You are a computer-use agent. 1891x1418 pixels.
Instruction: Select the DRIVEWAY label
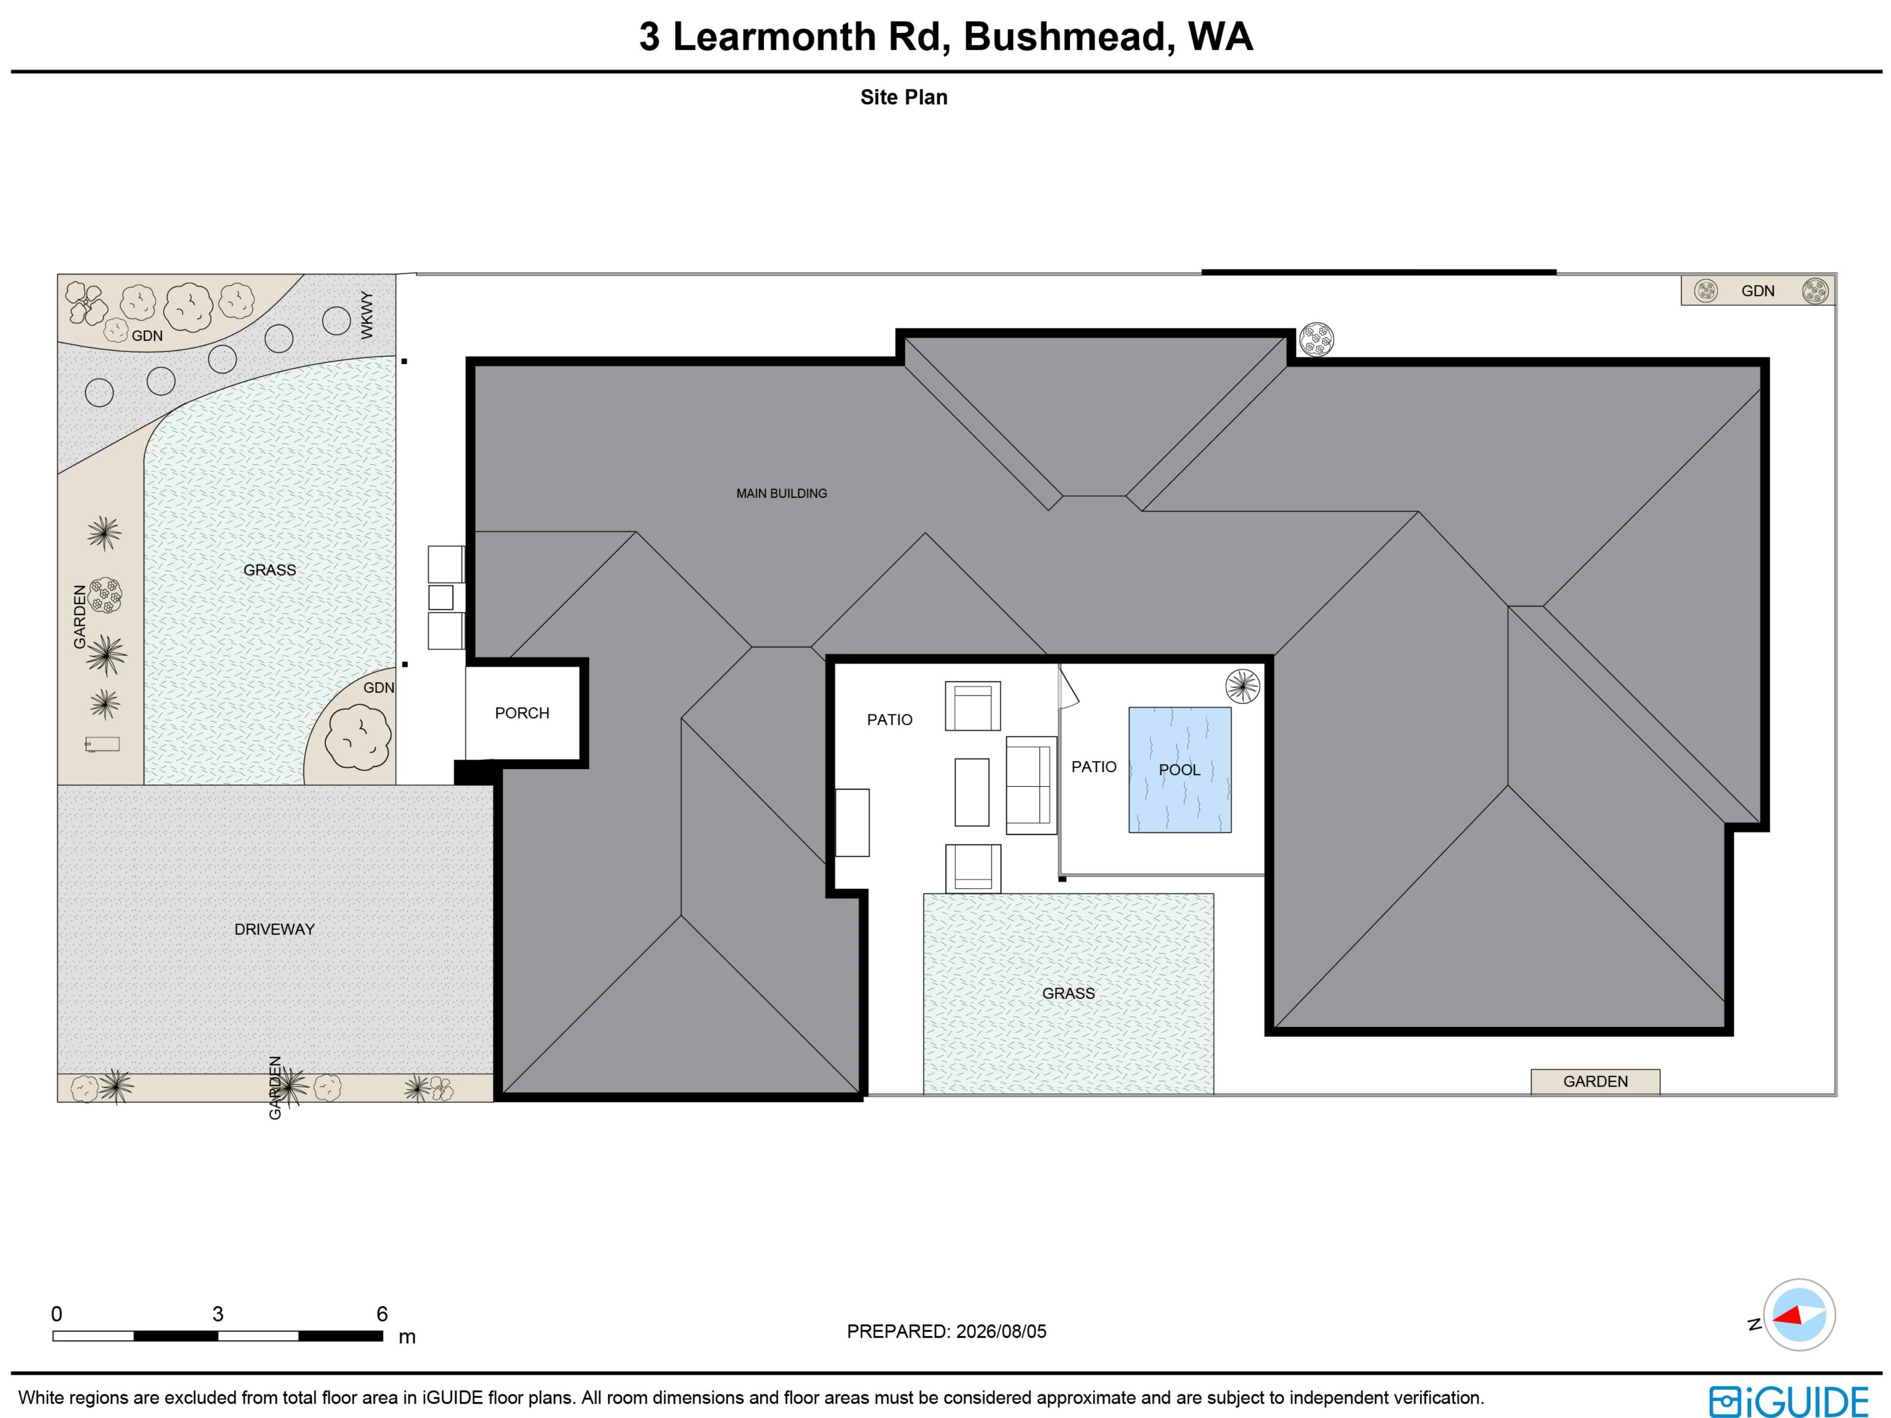pyautogui.click(x=274, y=929)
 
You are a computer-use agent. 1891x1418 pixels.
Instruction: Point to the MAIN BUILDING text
pyautogui.click(x=782, y=493)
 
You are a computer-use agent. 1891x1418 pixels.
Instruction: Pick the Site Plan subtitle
pyautogui.click(x=904, y=97)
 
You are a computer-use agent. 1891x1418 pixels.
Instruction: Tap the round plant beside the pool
pyautogui.click(x=1242, y=685)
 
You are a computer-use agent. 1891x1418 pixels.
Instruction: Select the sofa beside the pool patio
pyautogui.click(x=1031, y=785)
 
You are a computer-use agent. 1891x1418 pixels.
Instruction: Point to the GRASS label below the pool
pyautogui.click(x=1069, y=993)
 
